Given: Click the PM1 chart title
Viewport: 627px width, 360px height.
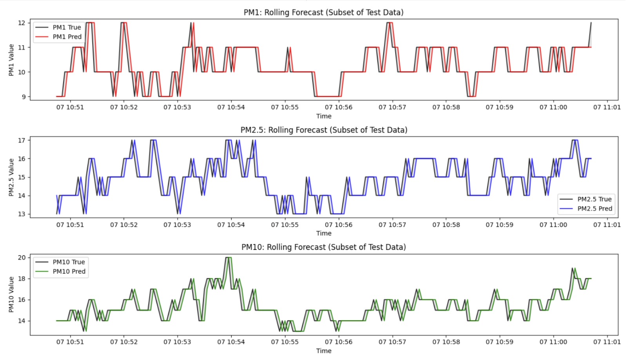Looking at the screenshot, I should pos(323,12).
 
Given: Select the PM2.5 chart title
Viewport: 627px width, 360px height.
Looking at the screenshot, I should pos(324,130).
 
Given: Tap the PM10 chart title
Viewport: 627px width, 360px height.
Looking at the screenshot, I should pos(323,247).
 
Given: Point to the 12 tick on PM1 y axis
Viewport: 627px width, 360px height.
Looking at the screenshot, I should pos(22,23).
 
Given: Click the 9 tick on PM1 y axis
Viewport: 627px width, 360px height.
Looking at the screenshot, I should pos(24,97).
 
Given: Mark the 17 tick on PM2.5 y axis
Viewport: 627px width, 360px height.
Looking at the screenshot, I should pos(22,140).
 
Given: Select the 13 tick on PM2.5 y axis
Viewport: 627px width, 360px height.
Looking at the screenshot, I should pos(22,214).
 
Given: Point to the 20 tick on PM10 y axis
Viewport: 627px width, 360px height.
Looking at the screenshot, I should pos(22,258).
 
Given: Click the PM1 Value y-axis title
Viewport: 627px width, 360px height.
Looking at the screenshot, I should pos(11,60).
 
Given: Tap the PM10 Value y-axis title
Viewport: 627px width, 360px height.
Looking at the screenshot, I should pos(11,294).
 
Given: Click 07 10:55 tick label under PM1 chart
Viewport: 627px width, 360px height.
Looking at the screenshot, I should pos(285,107).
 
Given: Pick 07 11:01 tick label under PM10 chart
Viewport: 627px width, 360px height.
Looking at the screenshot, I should pos(607,342).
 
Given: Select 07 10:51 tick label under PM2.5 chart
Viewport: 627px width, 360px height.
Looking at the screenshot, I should pos(70,225).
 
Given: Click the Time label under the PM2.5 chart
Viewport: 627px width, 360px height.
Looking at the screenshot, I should pos(324,233).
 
